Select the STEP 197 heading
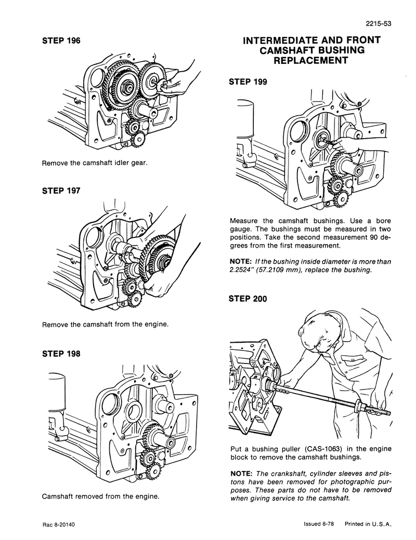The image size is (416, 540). click(61, 191)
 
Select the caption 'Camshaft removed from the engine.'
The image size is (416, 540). click(100, 496)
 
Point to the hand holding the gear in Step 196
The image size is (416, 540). click(179, 78)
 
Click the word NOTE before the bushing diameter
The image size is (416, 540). click(241, 261)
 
